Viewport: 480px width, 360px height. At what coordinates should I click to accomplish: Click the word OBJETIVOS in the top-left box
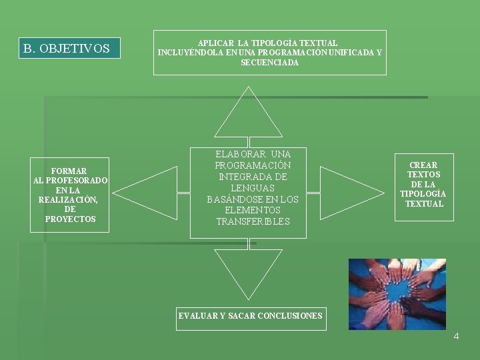click(x=75, y=49)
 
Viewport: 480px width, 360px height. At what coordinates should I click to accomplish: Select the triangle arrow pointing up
click(x=248, y=117)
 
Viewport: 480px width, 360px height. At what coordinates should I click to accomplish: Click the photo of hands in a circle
click(x=397, y=294)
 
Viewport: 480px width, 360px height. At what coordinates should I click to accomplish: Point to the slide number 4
click(x=456, y=336)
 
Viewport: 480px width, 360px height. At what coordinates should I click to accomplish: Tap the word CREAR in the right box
click(x=423, y=165)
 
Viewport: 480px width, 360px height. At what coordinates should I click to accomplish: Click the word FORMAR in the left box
click(x=69, y=171)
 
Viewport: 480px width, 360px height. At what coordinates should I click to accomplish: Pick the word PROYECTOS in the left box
click(x=70, y=219)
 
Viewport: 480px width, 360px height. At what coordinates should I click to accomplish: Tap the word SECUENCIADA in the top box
click(x=269, y=63)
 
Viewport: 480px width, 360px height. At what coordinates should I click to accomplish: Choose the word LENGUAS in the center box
click(x=253, y=188)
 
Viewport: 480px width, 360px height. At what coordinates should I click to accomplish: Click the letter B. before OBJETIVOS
click(x=29, y=49)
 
